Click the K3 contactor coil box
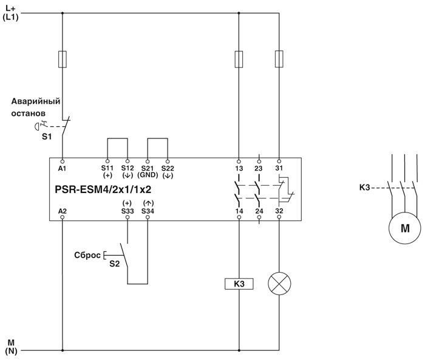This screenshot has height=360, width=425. [x=239, y=284]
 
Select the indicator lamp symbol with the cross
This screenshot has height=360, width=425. [x=279, y=284]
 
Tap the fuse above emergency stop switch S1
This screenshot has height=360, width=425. [x=63, y=59]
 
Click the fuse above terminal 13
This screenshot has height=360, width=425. [x=239, y=59]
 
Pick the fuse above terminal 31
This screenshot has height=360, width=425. [x=279, y=59]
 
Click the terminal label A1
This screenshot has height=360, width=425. [x=62, y=167]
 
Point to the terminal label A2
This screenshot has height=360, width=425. [x=62, y=211]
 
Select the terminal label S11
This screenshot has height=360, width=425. [x=107, y=168]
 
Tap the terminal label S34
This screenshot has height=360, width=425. [x=148, y=211]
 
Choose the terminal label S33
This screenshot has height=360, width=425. [x=127, y=211]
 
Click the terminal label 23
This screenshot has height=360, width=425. [x=259, y=167]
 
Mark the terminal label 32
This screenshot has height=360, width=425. [x=279, y=211]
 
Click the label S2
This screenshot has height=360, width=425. [x=114, y=263]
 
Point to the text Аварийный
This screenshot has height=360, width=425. [x=36, y=101]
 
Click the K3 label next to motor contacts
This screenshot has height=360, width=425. [x=364, y=187]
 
